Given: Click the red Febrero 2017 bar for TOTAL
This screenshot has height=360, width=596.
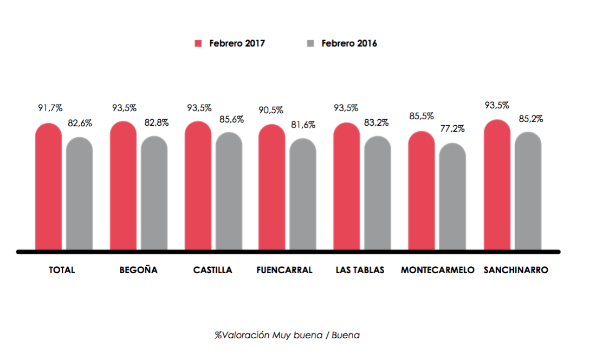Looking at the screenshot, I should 49,187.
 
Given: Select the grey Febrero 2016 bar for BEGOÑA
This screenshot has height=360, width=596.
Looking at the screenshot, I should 154,194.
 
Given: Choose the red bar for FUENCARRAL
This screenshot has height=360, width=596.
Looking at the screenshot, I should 272,188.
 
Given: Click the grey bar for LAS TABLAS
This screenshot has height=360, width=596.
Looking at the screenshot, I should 378,194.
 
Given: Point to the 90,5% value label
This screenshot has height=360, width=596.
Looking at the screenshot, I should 271,110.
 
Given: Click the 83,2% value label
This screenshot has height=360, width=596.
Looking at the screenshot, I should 377,123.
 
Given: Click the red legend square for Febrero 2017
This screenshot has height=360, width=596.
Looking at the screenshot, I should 198,43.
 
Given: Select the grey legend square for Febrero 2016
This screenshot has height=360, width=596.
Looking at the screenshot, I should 310,43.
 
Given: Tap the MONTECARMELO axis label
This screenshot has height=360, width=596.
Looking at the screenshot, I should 437,270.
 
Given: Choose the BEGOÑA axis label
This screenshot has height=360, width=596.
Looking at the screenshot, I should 139,270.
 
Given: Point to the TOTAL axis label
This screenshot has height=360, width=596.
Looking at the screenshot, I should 62,270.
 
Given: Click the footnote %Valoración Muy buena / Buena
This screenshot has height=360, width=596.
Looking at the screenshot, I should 287,336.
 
